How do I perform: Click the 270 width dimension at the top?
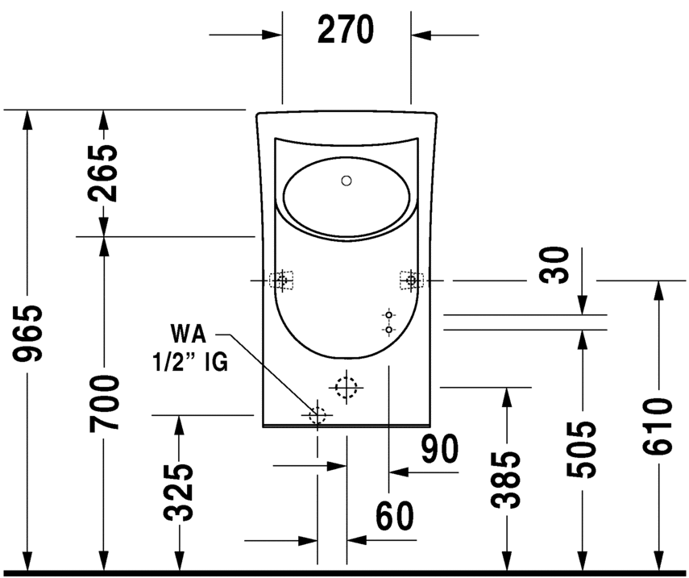(x=346, y=30)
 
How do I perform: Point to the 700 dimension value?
(x=104, y=403)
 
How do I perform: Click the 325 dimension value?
(x=179, y=492)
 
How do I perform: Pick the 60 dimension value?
(x=395, y=516)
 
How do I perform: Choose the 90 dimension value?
(x=440, y=449)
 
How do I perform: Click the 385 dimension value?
(x=507, y=480)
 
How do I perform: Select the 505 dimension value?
(x=582, y=449)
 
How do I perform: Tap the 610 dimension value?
(x=658, y=426)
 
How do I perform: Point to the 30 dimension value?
(x=555, y=265)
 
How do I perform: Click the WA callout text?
(x=188, y=334)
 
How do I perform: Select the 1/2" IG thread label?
(x=190, y=363)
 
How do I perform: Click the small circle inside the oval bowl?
(x=347, y=181)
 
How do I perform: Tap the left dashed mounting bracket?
(x=281, y=280)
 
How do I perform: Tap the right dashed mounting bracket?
(x=412, y=280)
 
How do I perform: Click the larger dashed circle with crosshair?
(x=347, y=387)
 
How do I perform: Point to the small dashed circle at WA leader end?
(x=318, y=415)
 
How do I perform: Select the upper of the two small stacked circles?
(x=388, y=314)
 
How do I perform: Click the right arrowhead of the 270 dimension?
(x=421, y=35)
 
